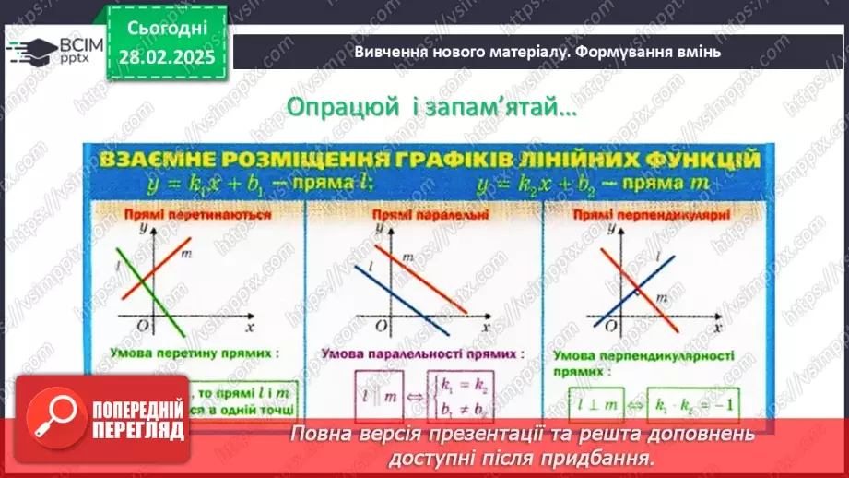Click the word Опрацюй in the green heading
point(332,106)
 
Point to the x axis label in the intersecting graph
point(250,326)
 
